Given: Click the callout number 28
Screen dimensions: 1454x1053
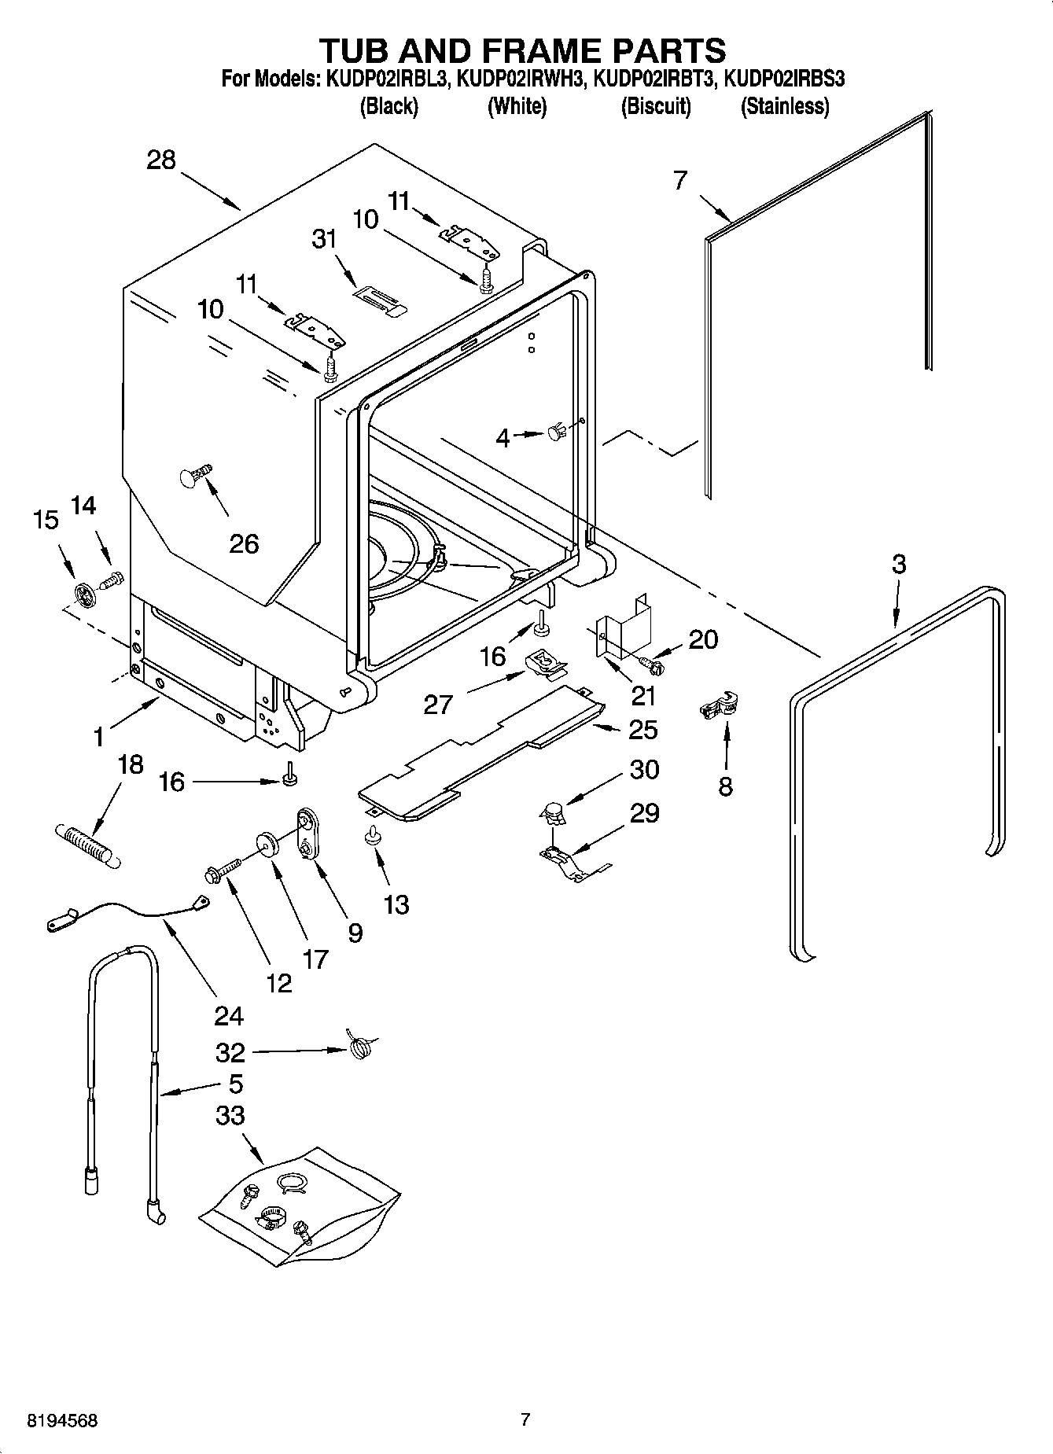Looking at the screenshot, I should point(161,160).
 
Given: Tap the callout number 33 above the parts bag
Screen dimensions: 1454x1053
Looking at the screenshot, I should point(230,1115).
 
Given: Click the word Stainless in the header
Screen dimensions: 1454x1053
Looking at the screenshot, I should point(785,106).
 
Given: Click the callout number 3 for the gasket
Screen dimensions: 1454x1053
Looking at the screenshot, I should point(898,564).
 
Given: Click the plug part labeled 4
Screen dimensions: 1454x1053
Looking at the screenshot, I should point(557,431).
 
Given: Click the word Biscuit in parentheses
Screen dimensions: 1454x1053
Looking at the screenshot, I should point(656,106).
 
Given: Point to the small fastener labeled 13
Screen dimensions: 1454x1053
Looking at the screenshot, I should point(373,837).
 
